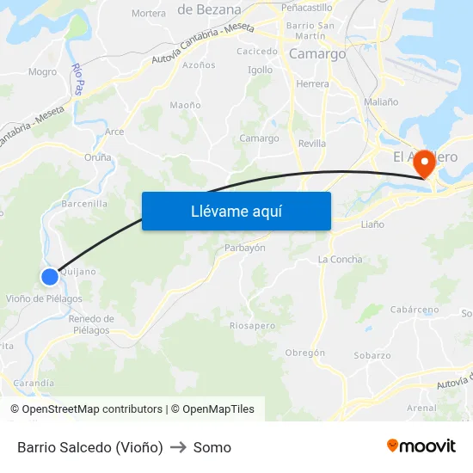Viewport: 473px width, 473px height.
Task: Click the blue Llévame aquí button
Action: click(236, 211)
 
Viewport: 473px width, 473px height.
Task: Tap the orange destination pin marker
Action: click(423, 162)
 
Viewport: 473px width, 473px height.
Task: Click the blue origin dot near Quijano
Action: click(50, 276)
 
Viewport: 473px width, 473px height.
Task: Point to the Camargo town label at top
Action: click(317, 53)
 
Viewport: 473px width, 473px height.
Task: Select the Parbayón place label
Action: click(244, 247)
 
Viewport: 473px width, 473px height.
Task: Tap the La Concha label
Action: click(340, 259)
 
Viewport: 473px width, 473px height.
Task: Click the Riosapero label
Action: click(253, 325)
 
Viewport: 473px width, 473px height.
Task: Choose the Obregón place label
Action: click(304, 353)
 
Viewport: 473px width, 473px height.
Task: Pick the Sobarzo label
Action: click(372, 355)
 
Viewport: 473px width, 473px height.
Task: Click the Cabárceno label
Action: click(415, 310)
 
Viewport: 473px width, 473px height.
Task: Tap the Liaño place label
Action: click(372, 224)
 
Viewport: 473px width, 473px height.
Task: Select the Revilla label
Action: click(311, 144)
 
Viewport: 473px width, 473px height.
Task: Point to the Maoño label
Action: click(185, 105)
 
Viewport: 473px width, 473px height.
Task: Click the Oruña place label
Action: click(98, 157)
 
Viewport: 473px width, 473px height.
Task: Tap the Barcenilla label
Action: click(84, 204)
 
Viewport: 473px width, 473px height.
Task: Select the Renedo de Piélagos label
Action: click(90, 324)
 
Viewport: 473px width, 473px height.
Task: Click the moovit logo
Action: click(421, 446)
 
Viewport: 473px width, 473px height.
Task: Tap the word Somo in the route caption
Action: click(212, 447)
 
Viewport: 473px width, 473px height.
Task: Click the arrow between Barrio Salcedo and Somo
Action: click(178, 447)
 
